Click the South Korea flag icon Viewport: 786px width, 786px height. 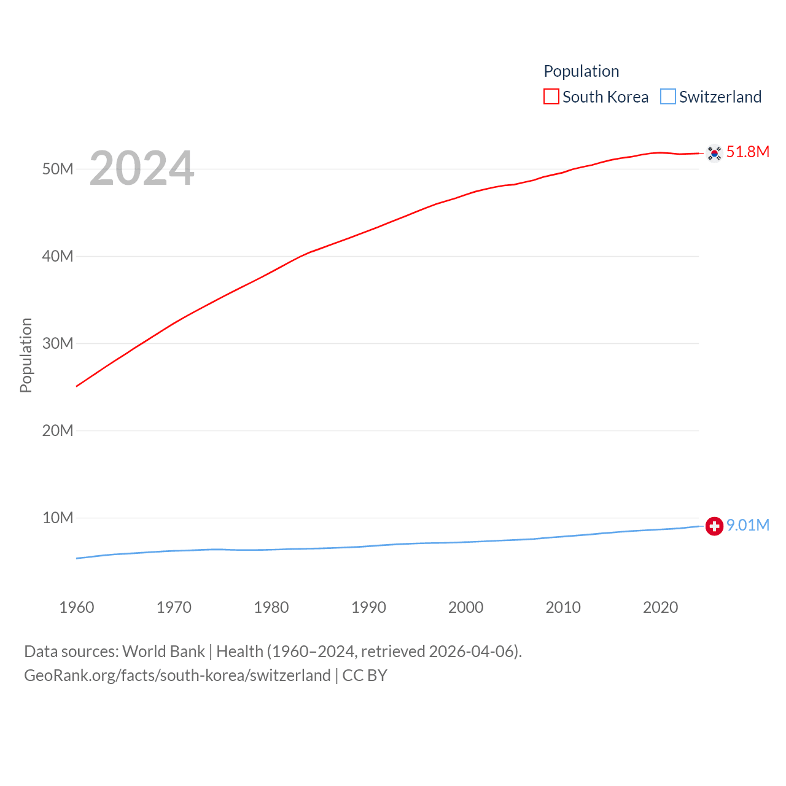pos(714,153)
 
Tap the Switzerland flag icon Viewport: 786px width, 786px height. pos(714,526)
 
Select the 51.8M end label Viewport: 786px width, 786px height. pos(747,152)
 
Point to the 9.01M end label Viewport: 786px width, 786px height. pos(747,525)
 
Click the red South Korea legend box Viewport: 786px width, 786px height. pos(551,97)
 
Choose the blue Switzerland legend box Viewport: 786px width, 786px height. pos(668,97)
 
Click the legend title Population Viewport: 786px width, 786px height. pos(581,71)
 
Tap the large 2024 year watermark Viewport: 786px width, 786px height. pos(142,168)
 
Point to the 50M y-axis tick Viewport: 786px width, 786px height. pos(58,169)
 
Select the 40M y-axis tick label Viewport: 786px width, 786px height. pos(58,256)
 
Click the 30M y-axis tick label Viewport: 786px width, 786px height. pos(58,343)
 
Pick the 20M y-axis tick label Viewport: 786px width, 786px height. pos(58,430)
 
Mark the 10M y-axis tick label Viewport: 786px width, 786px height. pos(58,518)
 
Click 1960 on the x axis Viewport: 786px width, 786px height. pos(77,607)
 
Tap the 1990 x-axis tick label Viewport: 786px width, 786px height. pos(368,607)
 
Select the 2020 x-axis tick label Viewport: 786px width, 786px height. pos(660,607)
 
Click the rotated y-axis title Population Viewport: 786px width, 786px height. pos(26,355)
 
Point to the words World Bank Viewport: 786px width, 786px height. pos(163,652)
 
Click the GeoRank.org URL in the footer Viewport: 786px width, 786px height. pos(177,675)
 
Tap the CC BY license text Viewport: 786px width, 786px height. pos(365,675)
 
